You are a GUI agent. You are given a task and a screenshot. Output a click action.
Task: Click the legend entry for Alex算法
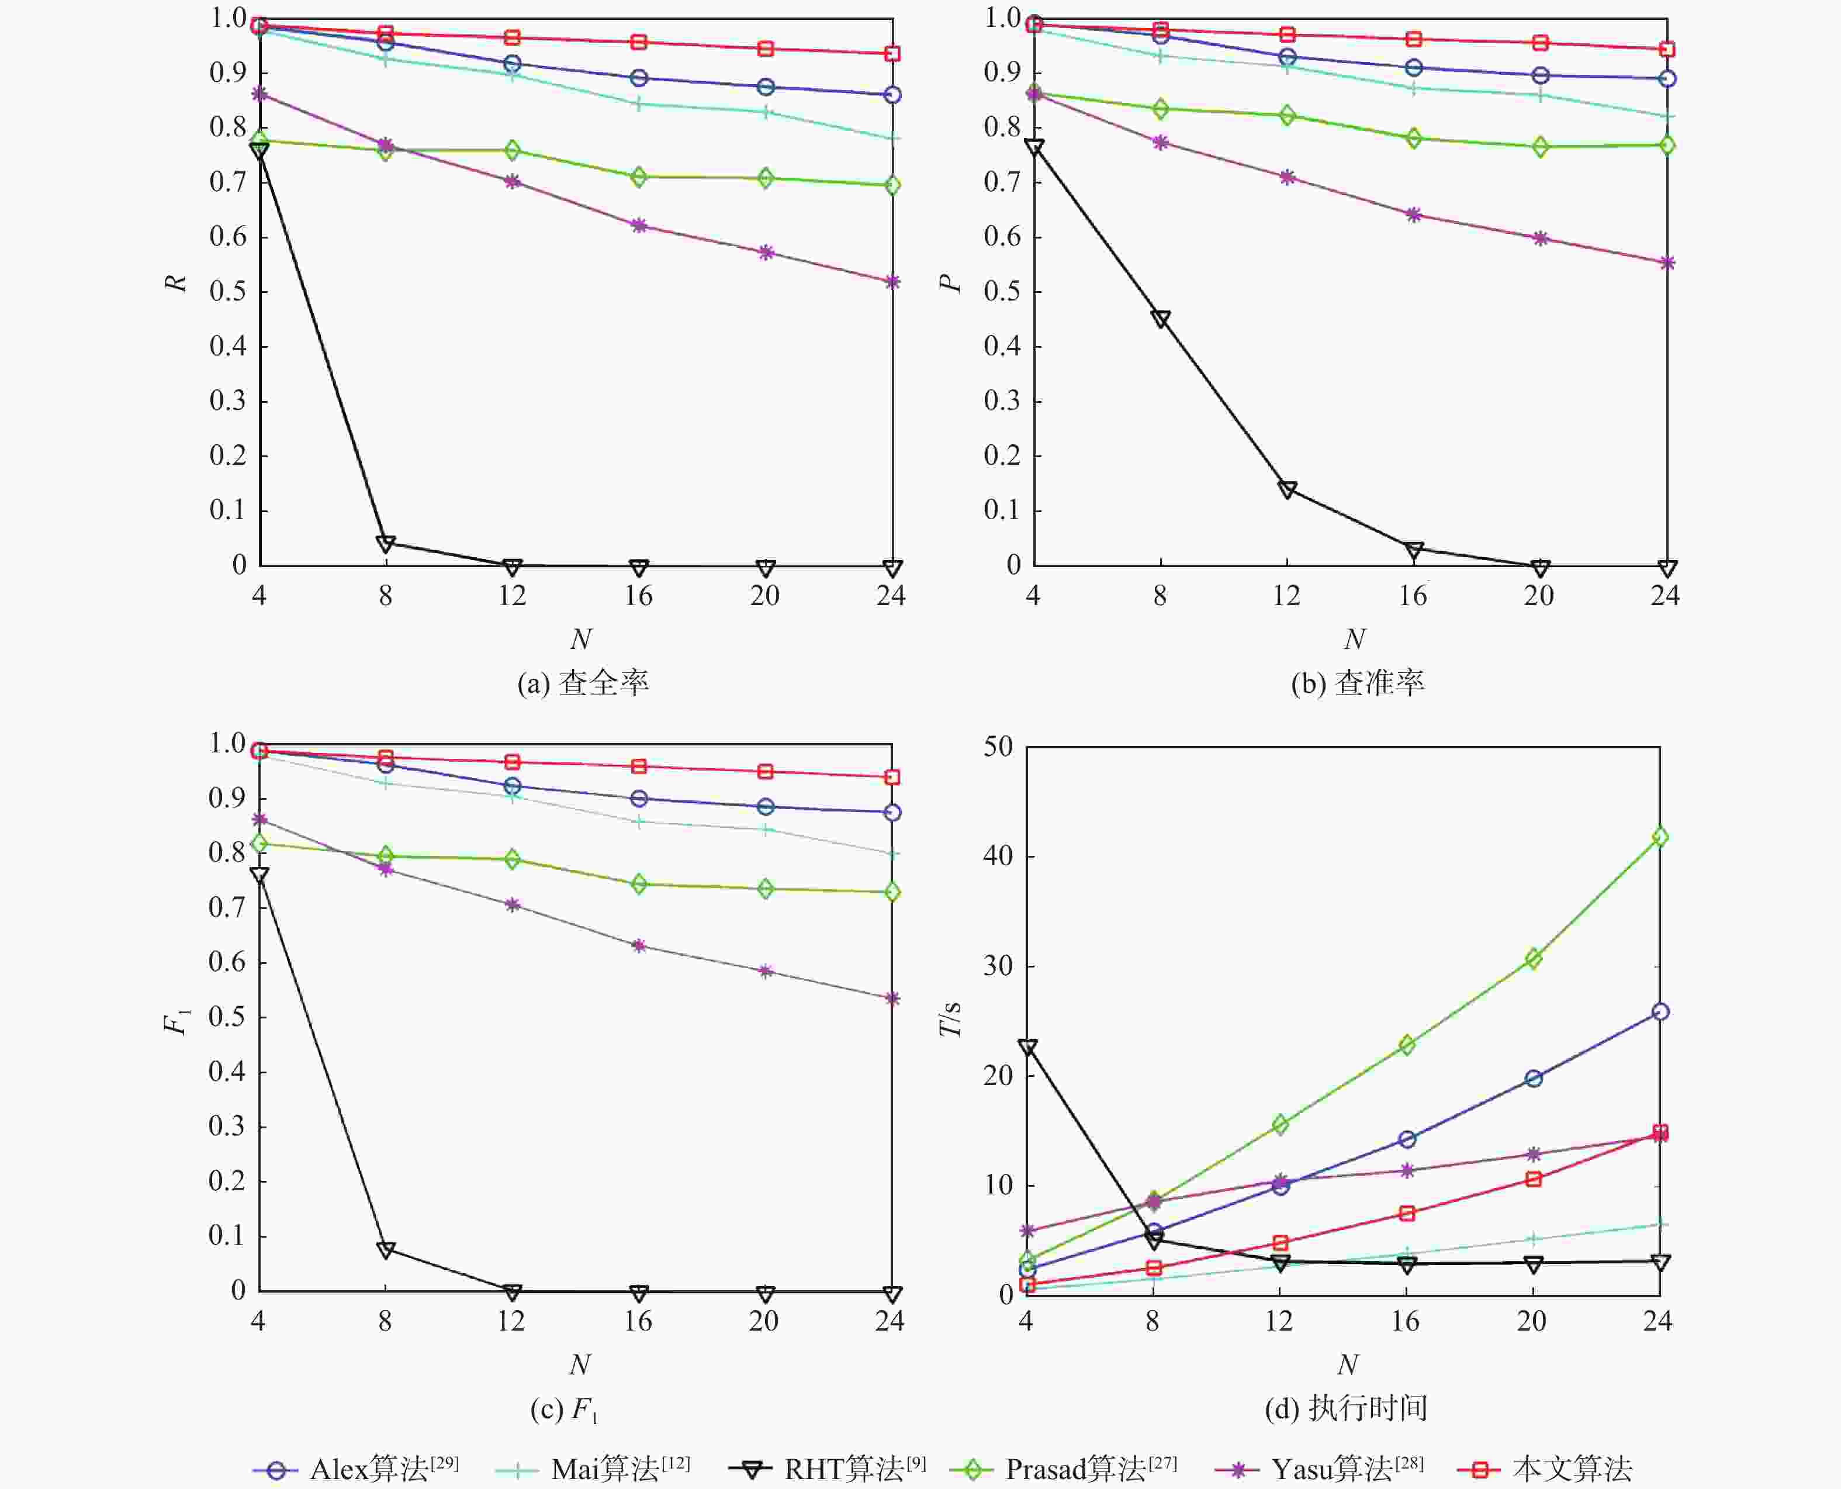point(356,1469)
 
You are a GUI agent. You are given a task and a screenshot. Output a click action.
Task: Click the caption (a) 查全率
point(583,683)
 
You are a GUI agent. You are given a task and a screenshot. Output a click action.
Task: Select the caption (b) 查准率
point(1358,683)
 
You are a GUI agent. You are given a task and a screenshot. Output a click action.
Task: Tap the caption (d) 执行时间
point(1345,1408)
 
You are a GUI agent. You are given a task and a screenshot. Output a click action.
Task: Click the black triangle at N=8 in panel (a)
point(386,544)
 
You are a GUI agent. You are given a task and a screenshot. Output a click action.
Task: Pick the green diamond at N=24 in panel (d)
point(1660,836)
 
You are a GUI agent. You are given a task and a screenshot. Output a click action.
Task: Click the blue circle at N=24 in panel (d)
point(1660,1012)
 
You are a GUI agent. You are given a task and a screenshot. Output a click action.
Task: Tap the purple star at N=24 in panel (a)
point(892,281)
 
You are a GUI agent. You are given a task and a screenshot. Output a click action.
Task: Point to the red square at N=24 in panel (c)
point(892,777)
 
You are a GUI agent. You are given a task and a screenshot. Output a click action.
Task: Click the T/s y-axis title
point(950,1019)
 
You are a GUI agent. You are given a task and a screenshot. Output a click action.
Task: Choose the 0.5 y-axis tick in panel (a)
point(227,292)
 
